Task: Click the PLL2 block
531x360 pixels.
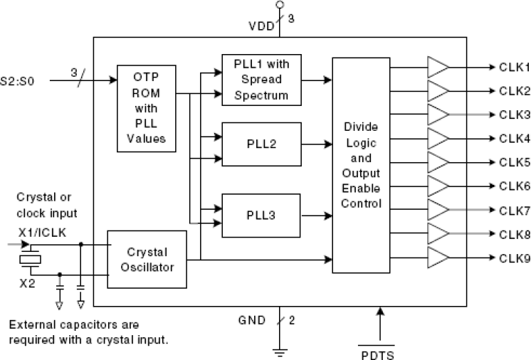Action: tap(261, 143)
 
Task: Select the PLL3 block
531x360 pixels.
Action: tap(261, 213)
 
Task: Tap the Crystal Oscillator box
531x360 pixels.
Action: tap(147, 259)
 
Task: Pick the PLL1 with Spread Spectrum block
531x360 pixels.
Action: tap(261, 78)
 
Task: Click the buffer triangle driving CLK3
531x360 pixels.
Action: tap(438, 115)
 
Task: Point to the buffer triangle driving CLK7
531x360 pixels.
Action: tap(438, 210)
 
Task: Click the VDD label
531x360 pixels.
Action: tap(260, 27)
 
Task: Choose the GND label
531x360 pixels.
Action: tap(253, 320)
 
